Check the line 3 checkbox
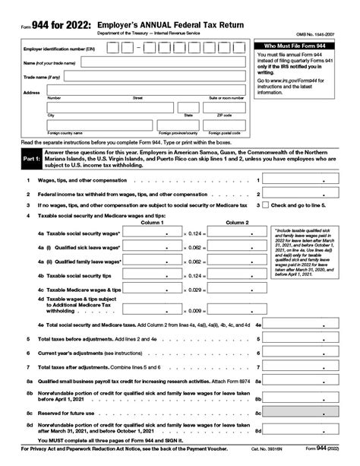coord(266,205)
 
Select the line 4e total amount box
coord(305,325)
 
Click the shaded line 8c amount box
coord(305,412)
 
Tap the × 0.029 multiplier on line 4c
coord(194,290)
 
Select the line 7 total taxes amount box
coord(305,368)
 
